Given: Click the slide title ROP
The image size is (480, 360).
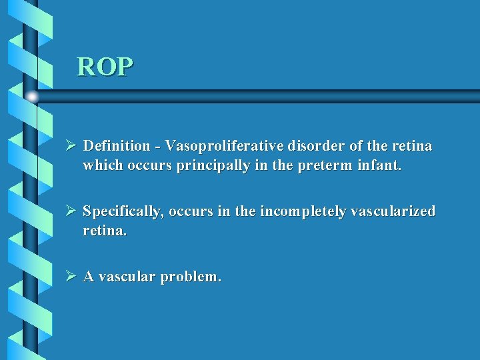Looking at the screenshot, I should [x=105, y=67].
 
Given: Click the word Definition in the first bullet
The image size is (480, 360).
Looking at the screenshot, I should [x=117, y=145].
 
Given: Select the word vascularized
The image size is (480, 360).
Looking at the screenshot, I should [x=393, y=212].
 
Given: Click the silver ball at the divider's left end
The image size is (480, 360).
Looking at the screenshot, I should [x=32, y=97].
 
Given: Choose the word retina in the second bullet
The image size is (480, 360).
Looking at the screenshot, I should [x=103, y=231].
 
